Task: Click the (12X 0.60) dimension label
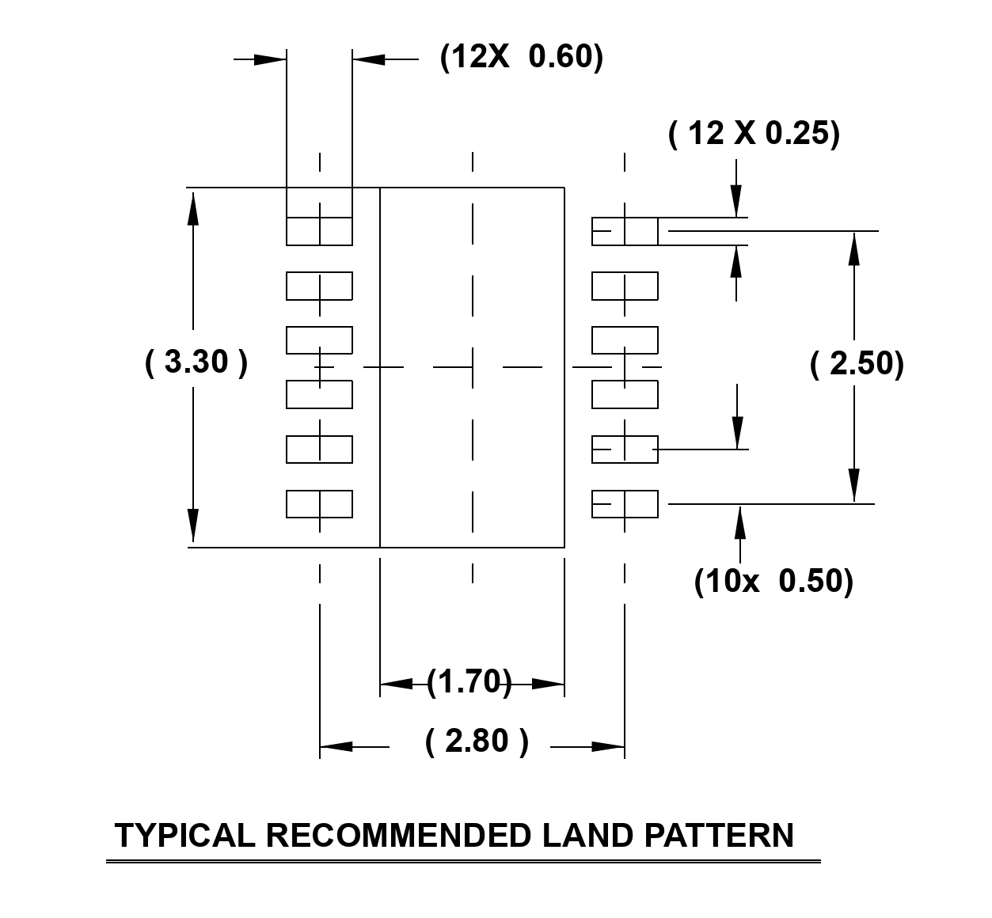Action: tap(522, 57)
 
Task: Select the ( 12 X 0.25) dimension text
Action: tap(754, 133)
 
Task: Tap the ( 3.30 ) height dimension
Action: tap(196, 362)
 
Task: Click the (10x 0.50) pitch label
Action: tap(773, 581)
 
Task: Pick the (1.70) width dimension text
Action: tap(469, 681)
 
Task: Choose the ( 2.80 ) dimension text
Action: tap(477, 742)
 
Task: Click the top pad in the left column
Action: tap(319, 231)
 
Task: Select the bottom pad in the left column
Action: tap(319, 504)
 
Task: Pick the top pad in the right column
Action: tap(625, 231)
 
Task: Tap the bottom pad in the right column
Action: tap(625, 504)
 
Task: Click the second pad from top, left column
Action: tap(319, 286)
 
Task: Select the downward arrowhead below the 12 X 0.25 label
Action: tap(736, 201)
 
